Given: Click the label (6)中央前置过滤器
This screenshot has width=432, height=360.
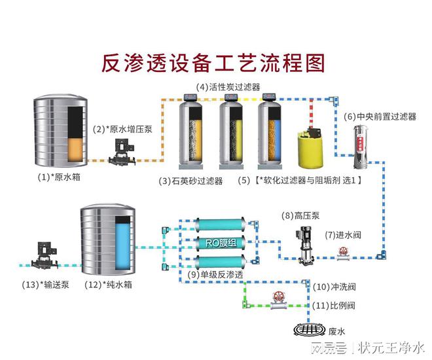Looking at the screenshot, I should (x=380, y=117).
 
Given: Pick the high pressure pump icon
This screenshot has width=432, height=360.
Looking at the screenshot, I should (x=303, y=243).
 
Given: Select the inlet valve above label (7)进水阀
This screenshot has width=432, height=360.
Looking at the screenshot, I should (x=342, y=257).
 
